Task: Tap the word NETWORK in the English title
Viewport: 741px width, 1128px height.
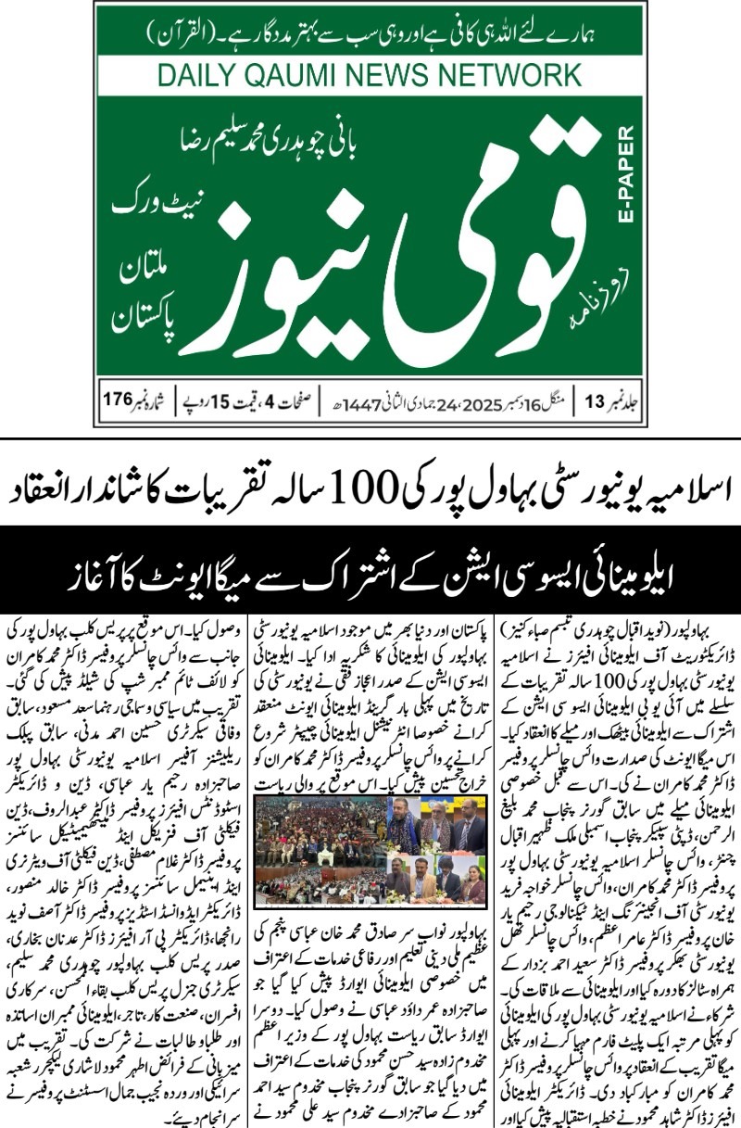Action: [512, 75]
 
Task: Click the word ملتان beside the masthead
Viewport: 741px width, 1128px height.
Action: [140, 272]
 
